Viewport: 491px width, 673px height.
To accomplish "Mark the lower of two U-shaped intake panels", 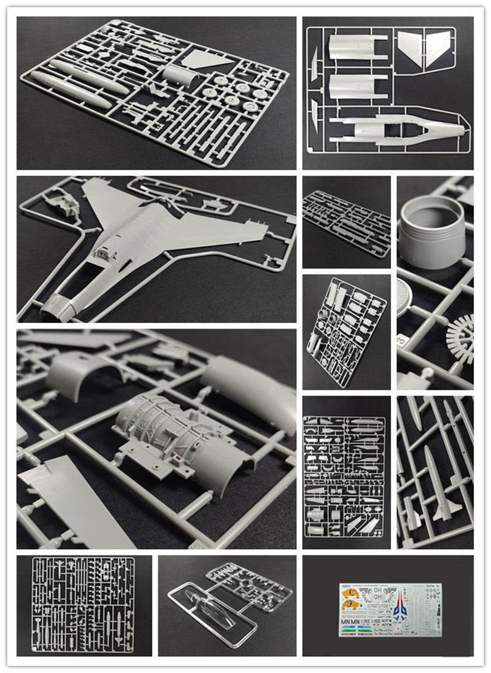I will (356, 86).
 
